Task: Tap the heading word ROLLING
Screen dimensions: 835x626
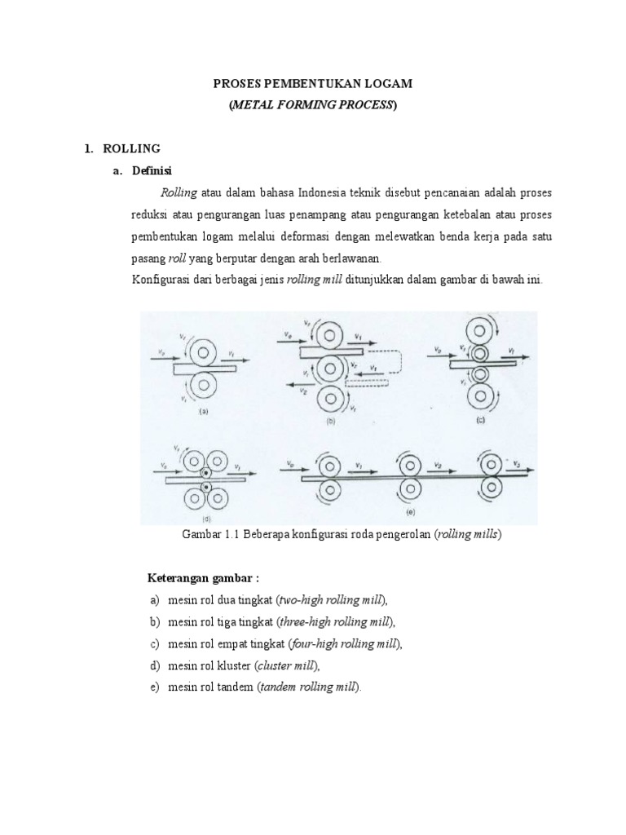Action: (134, 148)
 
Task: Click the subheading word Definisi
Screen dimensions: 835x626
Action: (152, 170)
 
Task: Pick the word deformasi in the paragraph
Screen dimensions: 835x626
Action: (339, 236)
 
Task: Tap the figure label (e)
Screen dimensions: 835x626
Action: (412, 515)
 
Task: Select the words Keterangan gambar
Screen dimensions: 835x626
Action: (202, 579)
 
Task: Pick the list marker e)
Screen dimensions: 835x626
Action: (154, 687)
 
